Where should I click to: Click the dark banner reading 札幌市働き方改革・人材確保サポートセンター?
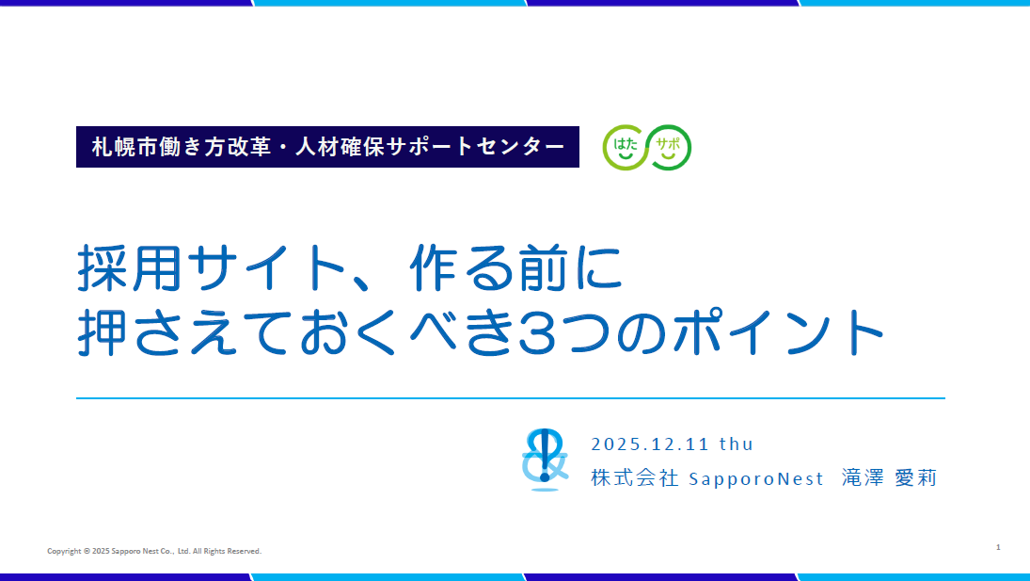coord(327,147)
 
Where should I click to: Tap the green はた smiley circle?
coord(625,147)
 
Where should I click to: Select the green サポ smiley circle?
coord(670,147)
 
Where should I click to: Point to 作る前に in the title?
coord(516,269)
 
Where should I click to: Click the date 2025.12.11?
coord(650,444)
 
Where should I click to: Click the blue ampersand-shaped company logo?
coord(546,459)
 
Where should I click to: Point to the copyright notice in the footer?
coord(154,551)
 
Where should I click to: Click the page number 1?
coord(997,546)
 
